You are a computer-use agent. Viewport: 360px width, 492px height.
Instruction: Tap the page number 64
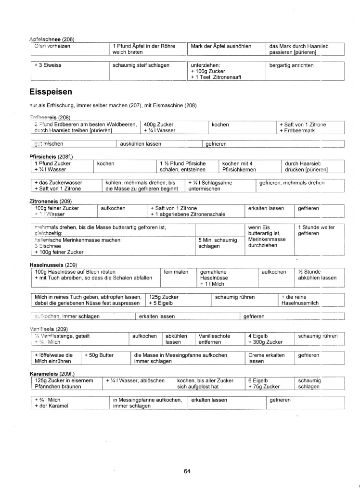point(187,471)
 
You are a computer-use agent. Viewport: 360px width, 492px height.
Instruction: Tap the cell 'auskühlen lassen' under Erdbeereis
point(141,143)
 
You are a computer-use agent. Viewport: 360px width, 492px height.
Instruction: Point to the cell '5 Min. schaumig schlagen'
point(218,243)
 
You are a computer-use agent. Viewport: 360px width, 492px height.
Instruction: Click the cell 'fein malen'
point(176,272)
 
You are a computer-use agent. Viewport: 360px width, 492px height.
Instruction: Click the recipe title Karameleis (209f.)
point(52,373)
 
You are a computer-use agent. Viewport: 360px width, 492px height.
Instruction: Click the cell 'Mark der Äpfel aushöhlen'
point(221,46)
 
